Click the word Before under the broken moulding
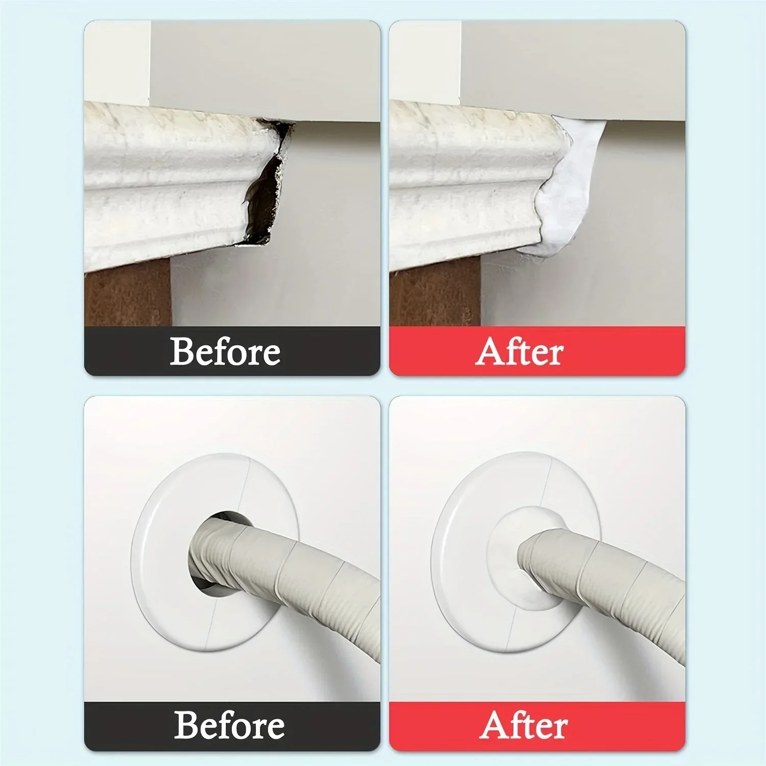click(225, 351)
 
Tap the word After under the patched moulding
click(519, 351)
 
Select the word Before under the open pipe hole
click(229, 725)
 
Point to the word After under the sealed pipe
click(523, 725)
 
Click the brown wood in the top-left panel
click(128, 294)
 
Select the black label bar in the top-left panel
click(232, 351)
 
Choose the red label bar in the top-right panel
click(537, 351)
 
